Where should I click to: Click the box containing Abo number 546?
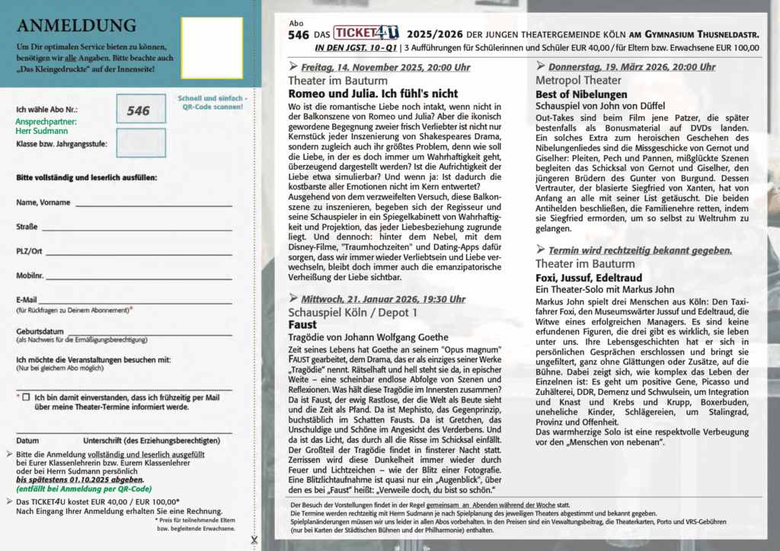140,110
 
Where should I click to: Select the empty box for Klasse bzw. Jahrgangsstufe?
140,142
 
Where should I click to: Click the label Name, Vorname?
43,202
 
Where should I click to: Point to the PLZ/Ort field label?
29,250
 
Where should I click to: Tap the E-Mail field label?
27,300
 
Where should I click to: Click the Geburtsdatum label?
40,332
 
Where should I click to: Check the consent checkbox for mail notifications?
27,397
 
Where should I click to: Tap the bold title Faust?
302,324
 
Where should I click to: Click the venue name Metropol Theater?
578,80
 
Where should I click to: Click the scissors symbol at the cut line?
254,540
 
